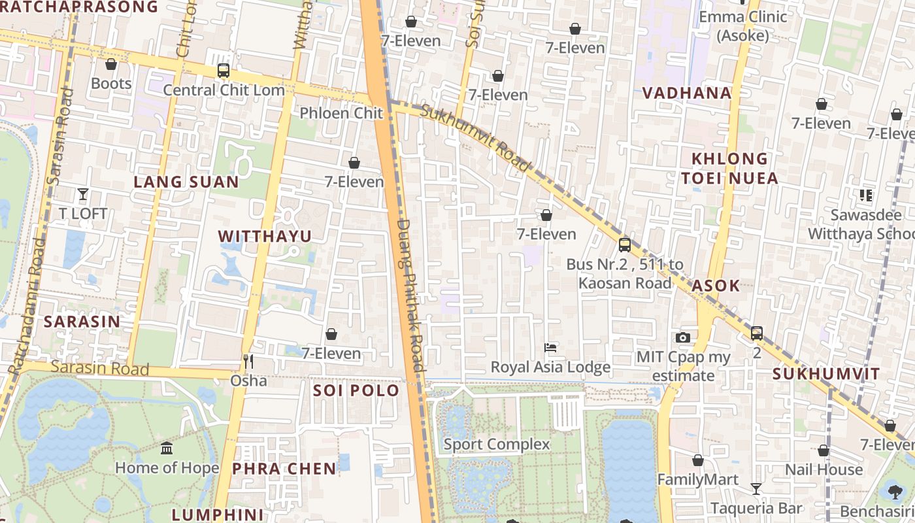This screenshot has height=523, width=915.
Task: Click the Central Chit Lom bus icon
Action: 224,70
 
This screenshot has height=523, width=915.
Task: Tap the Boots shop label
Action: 111,84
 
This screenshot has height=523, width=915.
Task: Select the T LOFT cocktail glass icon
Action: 83,194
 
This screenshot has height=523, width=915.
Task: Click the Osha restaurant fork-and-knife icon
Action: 248,362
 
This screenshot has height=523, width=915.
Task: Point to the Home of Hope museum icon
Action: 167,448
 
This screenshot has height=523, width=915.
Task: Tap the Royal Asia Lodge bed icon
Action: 550,348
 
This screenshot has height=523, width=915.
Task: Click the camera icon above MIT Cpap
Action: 683,337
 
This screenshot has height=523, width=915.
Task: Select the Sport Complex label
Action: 497,445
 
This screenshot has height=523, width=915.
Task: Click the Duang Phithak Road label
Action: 411,294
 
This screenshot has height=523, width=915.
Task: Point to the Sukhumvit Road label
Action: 474,139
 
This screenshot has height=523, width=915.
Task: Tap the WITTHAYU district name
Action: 265,236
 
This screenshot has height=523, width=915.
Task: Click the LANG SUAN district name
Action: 186,182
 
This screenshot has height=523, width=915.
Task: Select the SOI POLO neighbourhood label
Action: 356,390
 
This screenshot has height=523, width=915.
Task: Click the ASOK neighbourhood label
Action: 716,285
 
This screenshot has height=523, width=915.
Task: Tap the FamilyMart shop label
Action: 697,480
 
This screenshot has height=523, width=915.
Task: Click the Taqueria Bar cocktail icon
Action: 756,488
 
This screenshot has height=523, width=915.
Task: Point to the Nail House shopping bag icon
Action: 823,450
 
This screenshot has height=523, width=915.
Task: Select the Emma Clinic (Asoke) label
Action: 743,25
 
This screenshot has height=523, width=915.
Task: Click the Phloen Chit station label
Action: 341,113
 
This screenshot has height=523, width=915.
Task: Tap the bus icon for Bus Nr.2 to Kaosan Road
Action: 625,245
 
